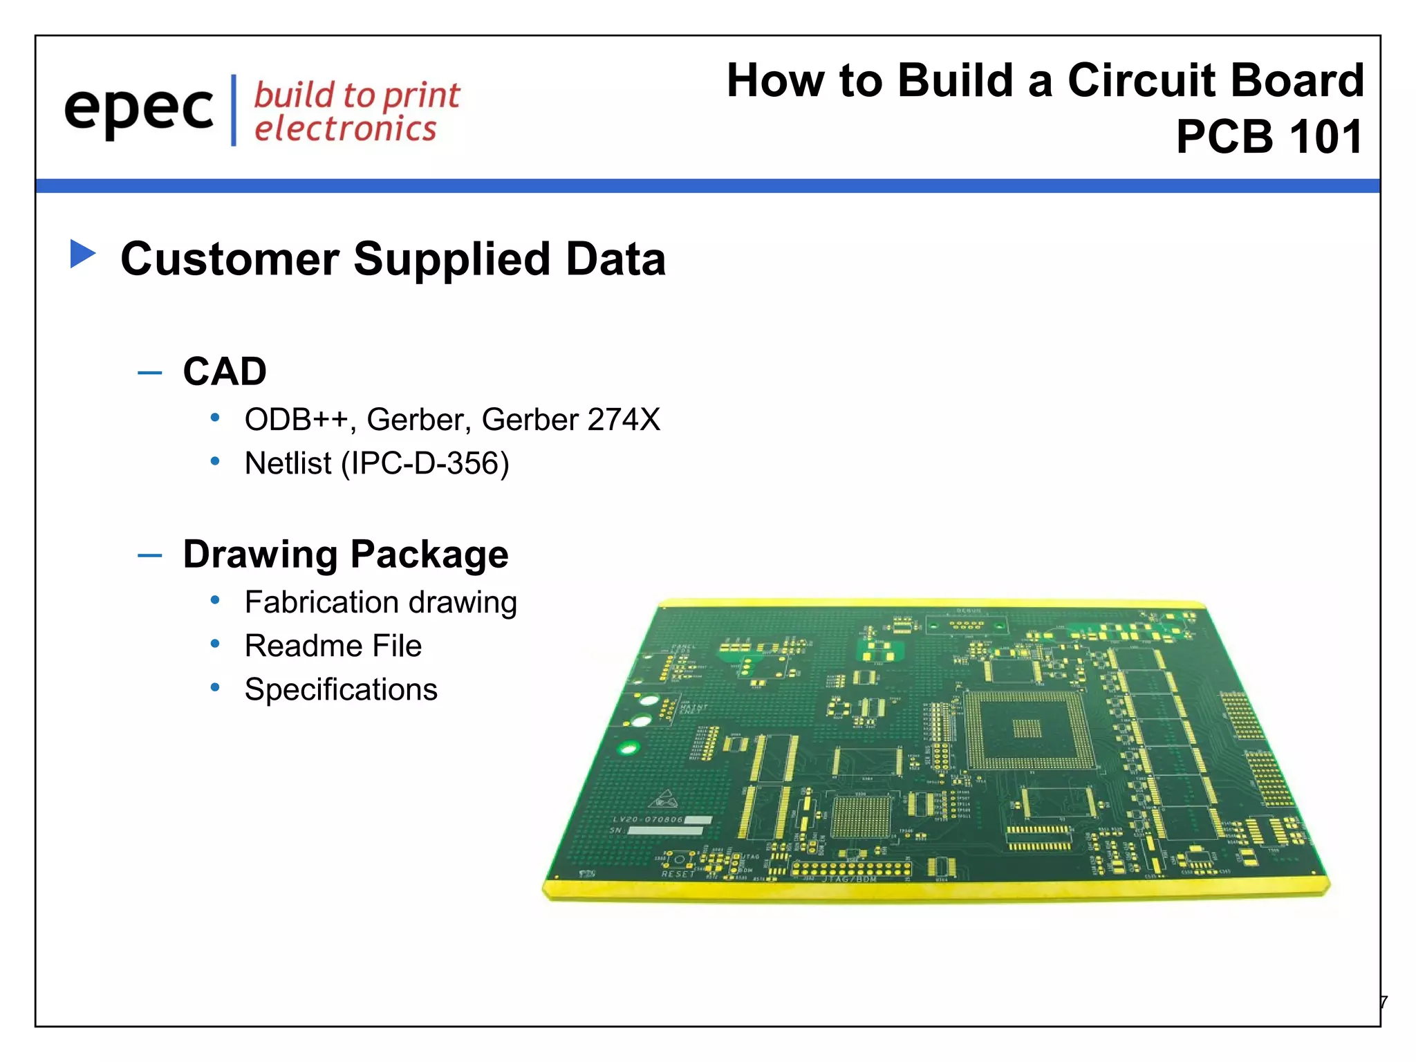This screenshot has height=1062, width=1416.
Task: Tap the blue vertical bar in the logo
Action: coord(234,111)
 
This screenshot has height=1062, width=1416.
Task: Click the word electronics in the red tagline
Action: coord(345,129)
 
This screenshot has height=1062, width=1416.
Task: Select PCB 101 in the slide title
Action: coord(1269,137)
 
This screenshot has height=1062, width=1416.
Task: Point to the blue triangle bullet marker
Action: coord(82,254)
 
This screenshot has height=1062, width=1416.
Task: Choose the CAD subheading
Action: coord(225,371)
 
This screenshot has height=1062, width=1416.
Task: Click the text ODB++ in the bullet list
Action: coord(296,420)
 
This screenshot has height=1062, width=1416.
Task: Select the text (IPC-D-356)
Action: coord(425,463)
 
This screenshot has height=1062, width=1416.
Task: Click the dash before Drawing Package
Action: coord(149,555)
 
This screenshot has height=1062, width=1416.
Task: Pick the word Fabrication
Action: coord(322,602)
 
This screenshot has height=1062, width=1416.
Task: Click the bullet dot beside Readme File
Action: coord(215,644)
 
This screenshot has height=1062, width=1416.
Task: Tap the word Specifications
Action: coord(341,689)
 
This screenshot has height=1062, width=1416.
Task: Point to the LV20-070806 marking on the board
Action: coord(648,819)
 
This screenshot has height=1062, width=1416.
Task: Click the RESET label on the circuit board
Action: coord(678,874)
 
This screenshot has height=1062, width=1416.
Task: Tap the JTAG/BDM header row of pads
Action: coord(850,868)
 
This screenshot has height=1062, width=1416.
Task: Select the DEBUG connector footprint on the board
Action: coord(967,624)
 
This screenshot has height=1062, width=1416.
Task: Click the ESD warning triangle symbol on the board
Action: coord(662,800)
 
